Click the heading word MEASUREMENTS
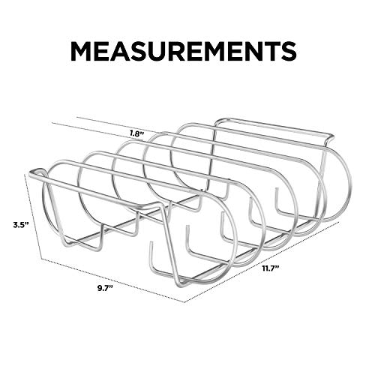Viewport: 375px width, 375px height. [x=184, y=51]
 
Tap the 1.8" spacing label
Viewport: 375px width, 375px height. [x=137, y=133]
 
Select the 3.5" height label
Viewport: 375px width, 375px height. [x=20, y=224]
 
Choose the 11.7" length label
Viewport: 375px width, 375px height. [x=271, y=268]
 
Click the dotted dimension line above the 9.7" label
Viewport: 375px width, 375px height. [x=113, y=280]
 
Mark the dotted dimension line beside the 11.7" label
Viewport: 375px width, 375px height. [x=262, y=262]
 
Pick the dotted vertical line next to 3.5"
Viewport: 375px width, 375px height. [x=33, y=217]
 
